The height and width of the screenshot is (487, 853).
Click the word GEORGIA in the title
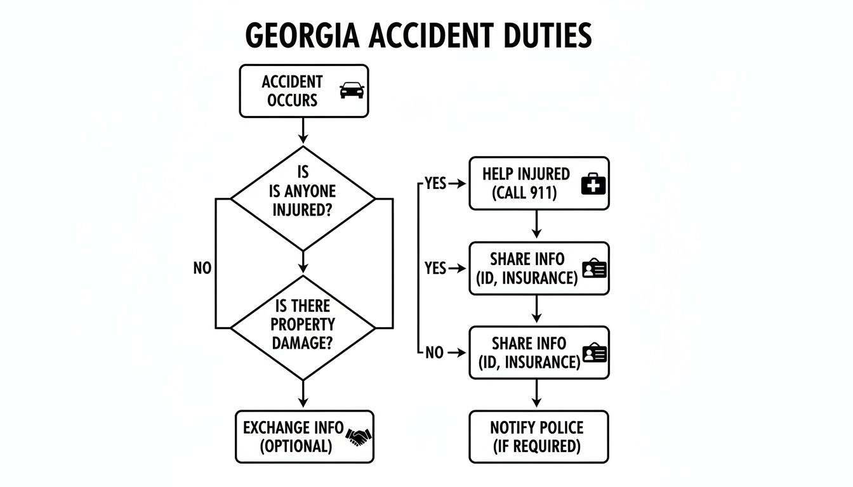click(302, 36)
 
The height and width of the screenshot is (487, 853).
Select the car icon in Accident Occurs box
click(352, 91)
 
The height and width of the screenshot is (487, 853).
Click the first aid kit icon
click(593, 184)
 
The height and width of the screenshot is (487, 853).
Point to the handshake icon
click(359, 437)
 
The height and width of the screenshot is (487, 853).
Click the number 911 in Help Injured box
click(541, 193)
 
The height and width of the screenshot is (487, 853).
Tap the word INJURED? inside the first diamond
click(302, 210)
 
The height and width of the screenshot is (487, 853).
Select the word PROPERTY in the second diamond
click(303, 325)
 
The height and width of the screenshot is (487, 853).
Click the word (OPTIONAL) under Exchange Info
click(296, 446)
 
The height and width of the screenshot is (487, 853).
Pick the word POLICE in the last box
click(560, 427)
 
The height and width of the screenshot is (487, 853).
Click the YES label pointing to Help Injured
click(435, 183)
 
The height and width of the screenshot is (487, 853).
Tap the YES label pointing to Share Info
click(435, 268)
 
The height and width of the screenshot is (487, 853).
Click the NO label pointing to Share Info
click(434, 353)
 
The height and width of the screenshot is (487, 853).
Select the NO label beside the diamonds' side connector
click(202, 268)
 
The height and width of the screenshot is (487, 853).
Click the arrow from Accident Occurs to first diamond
click(303, 131)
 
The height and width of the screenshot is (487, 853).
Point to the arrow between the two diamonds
click(303, 262)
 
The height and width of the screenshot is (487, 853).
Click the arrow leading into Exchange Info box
click(303, 393)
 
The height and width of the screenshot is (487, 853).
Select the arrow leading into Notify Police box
click(536, 393)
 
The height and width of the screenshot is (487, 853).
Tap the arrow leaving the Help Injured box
click(536, 224)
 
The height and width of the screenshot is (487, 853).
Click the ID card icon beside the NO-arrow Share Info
click(595, 353)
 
